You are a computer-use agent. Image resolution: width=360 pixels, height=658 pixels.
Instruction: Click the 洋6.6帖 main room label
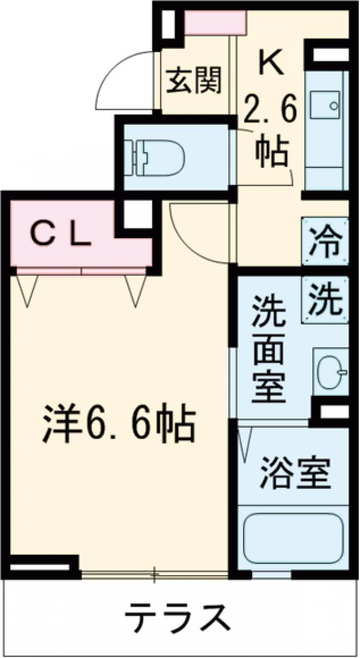(118, 425)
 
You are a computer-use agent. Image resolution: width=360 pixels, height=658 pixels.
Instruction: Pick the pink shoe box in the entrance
(215, 23)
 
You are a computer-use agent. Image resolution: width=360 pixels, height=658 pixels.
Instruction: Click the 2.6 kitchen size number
(270, 114)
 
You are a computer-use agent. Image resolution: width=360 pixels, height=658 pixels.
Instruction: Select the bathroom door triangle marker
(245, 444)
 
